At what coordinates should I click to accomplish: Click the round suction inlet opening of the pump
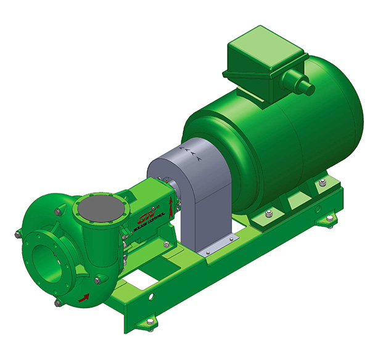tap(49, 255)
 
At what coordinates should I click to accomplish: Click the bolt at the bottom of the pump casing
tap(57, 302)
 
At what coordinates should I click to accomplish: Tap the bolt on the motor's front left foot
tap(269, 215)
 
